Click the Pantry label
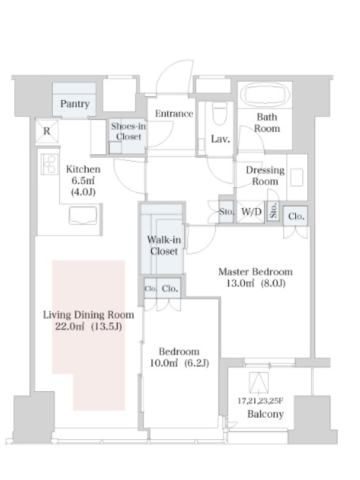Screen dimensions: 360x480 tap(74, 104)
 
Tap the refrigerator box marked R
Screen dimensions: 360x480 tap(47, 131)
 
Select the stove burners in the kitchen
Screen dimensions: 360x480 tap(50, 164)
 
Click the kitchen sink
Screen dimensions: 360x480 tap(83, 215)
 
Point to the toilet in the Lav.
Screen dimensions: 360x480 tap(219, 113)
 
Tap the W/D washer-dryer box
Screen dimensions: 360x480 tap(251, 212)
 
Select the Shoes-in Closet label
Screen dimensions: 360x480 tap(128, 131)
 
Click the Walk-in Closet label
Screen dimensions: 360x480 tap(164, 245)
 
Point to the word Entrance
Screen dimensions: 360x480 tap(174, 113)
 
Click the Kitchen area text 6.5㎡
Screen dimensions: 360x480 tap(83, 181)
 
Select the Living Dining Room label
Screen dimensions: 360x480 tap(88, 315)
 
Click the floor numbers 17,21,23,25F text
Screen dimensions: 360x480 tap(261, 401)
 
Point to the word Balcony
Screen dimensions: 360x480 tap(265, 414)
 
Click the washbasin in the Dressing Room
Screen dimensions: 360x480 tap(296, 177)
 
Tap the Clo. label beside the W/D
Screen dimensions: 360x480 tap(296, 217)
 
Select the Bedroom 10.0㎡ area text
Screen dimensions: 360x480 tap(164, 364)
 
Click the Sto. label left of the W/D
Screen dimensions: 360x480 tap(227, 212)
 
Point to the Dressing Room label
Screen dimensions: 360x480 tap(265, 176)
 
